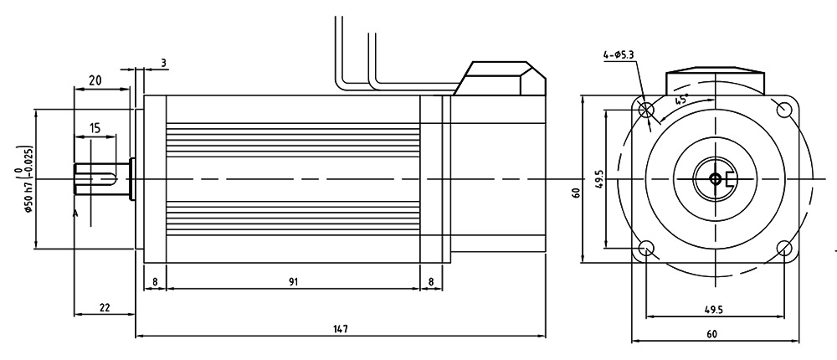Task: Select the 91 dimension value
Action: [292, 282]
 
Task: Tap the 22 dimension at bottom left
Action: [105, 307]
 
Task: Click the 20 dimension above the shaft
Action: [95, 80]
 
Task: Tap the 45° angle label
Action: [681, 100]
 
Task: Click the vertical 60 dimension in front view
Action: [575, 193]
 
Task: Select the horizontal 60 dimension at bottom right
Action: [713, 333]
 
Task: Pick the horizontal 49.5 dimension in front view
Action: [713, 309]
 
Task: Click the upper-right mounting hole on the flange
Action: [784, 110]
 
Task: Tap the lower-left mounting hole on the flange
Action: [646, 249]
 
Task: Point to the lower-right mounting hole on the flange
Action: [784, 249]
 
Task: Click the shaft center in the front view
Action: [714, 178]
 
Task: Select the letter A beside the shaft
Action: [75, 214]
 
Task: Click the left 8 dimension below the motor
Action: [155, 282]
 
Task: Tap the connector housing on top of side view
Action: [502, 80]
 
